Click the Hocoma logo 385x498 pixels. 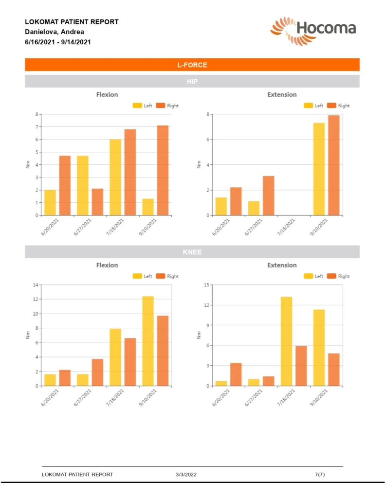(x=313, y=30)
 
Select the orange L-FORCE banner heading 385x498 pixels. (x=192, y=65)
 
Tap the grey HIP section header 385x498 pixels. (x=192, y=81)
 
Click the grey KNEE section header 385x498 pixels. (x=192, y=252)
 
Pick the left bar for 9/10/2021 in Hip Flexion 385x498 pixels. (x=148, y=207)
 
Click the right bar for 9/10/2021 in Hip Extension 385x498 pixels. (x=334, y=165)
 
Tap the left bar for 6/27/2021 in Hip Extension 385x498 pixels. (x=254, y=208)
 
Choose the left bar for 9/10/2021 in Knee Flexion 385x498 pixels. (x=148, y=341)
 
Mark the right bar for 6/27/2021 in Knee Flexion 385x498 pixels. (x=97, y=373)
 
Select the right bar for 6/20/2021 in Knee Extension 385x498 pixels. (x=236, y=374)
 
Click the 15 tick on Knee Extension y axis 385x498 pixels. (x=206, y=285)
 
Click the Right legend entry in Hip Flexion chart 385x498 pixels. (x=168, y=106)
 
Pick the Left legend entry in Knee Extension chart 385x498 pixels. (x=314, y=276)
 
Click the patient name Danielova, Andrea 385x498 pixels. (x=55, y=32)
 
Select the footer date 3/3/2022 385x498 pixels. (x=186, y=474)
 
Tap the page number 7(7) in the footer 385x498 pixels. (x=320, y=474)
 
